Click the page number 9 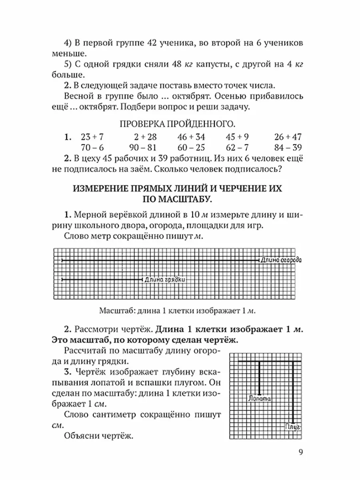point(301,452)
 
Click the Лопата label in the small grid point(260,398)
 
